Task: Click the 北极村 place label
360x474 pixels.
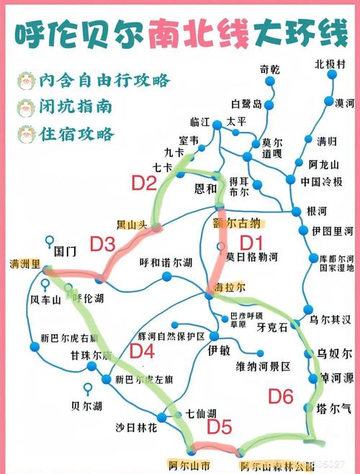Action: pos(330,63)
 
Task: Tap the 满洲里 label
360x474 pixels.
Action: pos(24,263)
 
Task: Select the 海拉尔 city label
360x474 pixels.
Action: pos(231,286)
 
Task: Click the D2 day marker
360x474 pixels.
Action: pos(144,183)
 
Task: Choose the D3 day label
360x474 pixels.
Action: pos(102,244)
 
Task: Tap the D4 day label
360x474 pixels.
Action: pos(143,351)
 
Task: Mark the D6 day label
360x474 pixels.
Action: pos(281,395)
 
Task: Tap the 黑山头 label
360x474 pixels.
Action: pos(132,224)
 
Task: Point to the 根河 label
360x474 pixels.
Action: pos(318,211)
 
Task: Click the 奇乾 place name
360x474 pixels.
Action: pos(270,69)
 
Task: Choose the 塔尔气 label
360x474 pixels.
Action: pos(333,408)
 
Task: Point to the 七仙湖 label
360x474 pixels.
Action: pos(201,413)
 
